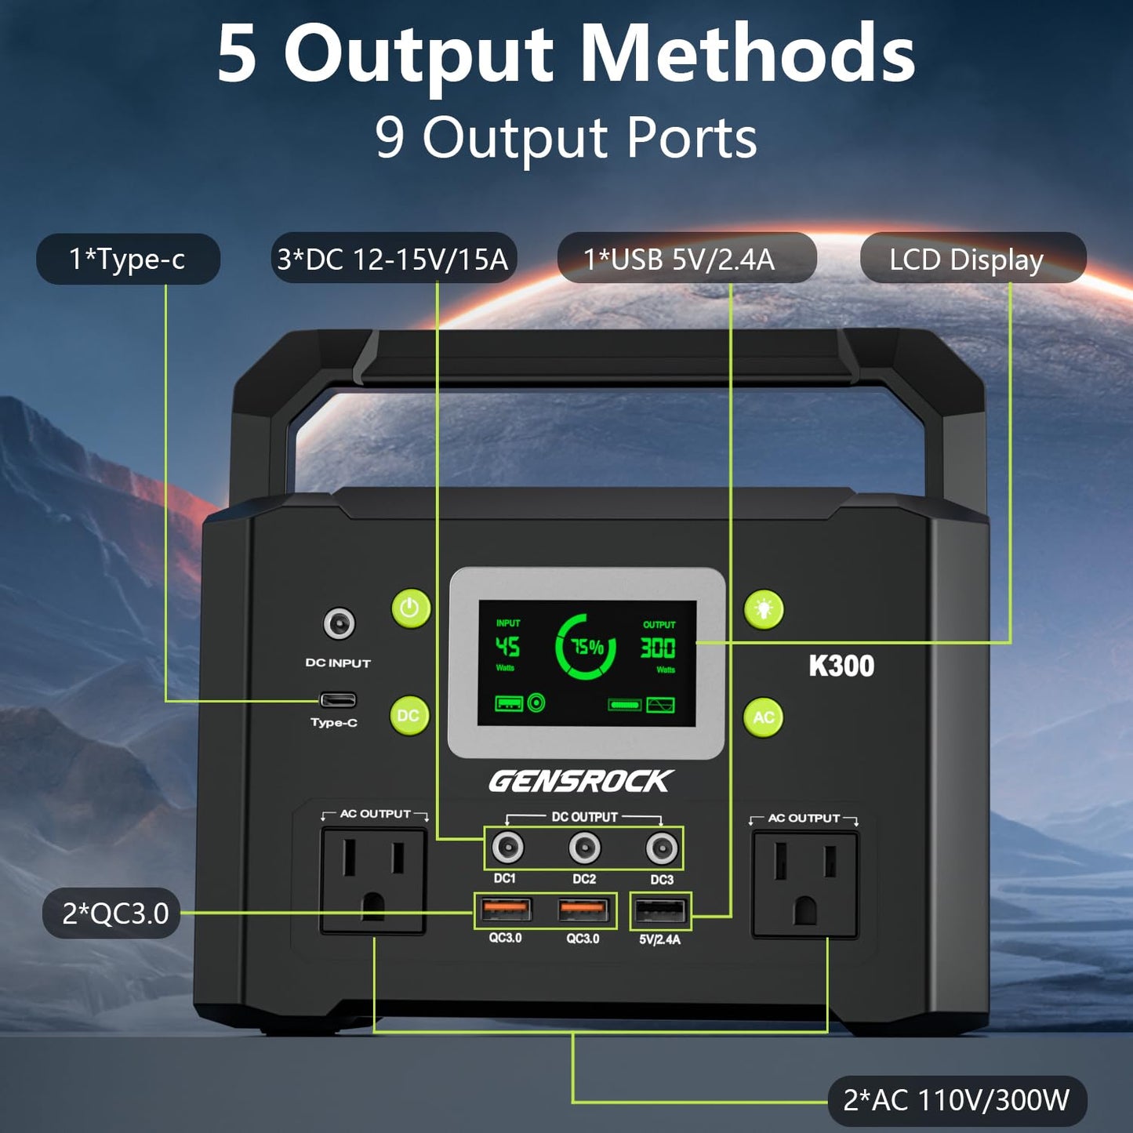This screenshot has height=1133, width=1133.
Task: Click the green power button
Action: pyautogui.click(x=410, y=608)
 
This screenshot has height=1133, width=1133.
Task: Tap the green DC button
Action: pyautogui.click(x=409, y=715)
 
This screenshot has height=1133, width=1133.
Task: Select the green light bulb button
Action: pyautogui.click(x=764, y=609)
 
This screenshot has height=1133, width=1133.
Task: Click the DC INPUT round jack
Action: pyautogui.click(x=340, y=623)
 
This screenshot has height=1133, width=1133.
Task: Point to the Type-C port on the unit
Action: pyautogui.click(x=337, y=699)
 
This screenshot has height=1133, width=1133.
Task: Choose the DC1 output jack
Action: pyautogui.click(x=507, y=848)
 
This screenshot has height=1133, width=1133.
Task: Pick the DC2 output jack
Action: pyautogui.click(x=584, y=848)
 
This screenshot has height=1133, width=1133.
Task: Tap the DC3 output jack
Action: pyautogui.click(x=662, y=848)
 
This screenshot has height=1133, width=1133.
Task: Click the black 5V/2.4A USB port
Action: pyautogui.click(x=660, y=912)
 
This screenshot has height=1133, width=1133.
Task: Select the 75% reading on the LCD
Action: pyautogui.click(x=588, y=648)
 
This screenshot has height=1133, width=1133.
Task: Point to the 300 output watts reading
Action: pyautogui.click(x=657, y=648)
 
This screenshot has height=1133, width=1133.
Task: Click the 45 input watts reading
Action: pyautogui.click(x=507, y=646)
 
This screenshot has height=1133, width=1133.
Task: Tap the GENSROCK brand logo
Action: pyautogui.click(x=579, y=782)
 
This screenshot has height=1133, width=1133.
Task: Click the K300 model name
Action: pyautogui.click(x=841, y=666)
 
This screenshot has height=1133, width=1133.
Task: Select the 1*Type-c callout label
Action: pyautogui.click(x=128, y=259)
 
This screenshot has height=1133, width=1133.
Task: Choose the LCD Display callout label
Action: pyautogui.click(x=973, y=259)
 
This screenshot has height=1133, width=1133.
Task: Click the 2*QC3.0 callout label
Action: pyautogui.click(x=111, y=913)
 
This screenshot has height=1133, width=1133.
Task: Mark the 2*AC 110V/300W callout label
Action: pyautogui.click(x=957, y=1100)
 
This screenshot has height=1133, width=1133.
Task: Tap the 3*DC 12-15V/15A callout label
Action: pyautogui.click(x=394, y=259)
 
